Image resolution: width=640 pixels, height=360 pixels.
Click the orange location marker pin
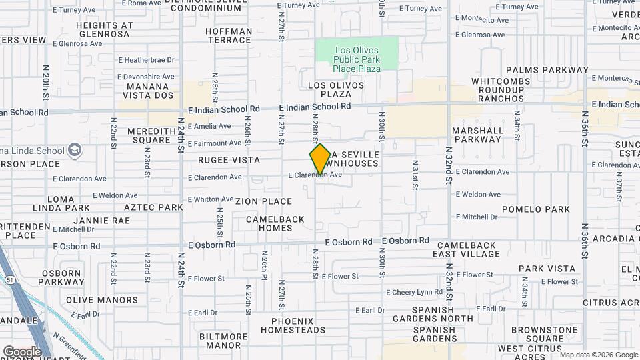click(x=320, y=160)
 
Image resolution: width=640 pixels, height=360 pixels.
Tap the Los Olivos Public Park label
click(x=357, y=59)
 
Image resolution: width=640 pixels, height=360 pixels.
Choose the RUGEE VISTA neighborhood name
click(x=229, y=161)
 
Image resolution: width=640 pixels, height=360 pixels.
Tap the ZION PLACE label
click(x=263, y=201)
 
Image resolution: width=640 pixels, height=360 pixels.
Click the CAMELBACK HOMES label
click(x=275, y=223)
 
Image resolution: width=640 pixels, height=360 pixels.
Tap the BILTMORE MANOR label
click(x=224, y=341)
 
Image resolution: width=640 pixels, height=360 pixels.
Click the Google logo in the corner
click(x=22, y=351)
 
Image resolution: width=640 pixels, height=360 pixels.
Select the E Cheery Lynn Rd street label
click(x=414, y=292)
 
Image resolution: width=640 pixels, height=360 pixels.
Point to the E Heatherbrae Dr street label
click(x=145, y=59)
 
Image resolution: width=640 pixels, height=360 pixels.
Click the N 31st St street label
click(x=415, y=175)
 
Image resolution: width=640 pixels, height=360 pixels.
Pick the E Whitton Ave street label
click(x=210, y=199)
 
